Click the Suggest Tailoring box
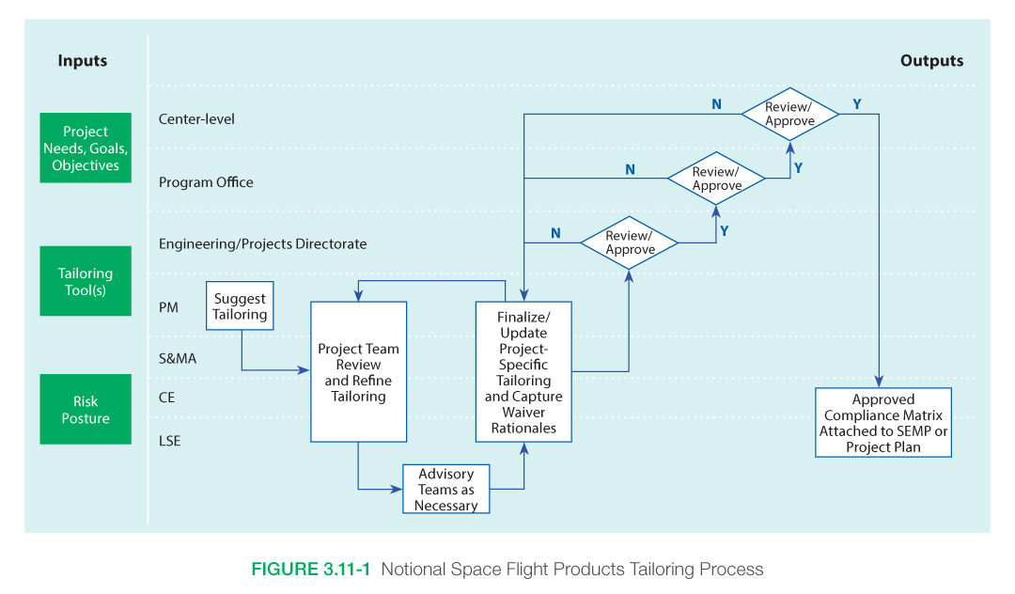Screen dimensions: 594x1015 (240, 306)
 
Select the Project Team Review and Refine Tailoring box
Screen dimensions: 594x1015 (359, 372)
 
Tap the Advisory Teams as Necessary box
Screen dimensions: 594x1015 (446, 490)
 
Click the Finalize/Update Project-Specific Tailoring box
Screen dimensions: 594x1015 (523, 372)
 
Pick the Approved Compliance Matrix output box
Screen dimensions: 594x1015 (882, 423)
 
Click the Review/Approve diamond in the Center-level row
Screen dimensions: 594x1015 (789, 115)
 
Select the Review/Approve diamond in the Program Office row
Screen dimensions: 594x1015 (716, 179)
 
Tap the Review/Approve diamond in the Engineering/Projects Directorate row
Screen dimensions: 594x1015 (630, 243)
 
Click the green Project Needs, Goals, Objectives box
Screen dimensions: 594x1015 (86, 148)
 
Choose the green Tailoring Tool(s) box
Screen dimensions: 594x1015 (86, 281)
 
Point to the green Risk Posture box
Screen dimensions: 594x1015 (86, 410)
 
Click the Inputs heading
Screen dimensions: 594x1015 (83, 61)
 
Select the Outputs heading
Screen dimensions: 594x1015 (931, 61)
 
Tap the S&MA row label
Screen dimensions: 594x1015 (178, 358)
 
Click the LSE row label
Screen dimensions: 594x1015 (170, 440)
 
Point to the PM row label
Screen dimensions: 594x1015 (168, 306)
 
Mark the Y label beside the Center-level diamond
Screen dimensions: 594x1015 (856, 103)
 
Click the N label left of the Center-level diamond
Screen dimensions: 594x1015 (716, 103)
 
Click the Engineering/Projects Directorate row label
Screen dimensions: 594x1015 (262, 244)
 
